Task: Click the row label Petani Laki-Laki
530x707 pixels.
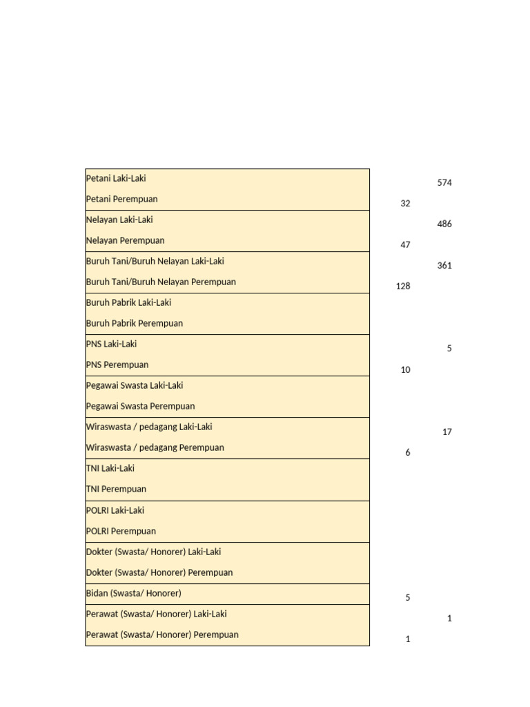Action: [116, 178]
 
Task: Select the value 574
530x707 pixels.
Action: [444, 183]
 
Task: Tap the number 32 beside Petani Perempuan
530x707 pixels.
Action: [405, 204]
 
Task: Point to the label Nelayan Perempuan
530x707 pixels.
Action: [125, 240]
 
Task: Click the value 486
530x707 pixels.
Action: [444, 224]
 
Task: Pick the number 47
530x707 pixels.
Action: [405, 245]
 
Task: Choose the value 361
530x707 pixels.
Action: [444, 266]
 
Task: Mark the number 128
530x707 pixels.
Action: [403, 287]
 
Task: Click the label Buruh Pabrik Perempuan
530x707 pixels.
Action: [135, 323]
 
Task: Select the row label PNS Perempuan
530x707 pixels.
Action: [117, 365]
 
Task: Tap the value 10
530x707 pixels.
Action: [405, 370]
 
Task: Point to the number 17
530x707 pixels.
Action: [447, 432]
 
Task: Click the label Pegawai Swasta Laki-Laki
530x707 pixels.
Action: [135, 385]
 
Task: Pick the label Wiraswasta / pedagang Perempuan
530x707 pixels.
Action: [155, 447]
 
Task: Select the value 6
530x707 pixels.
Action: [408, 453]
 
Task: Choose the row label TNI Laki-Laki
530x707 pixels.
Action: [110, 468]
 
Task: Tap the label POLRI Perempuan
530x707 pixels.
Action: [121, 531]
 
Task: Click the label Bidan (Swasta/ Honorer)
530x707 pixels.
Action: [134, 593]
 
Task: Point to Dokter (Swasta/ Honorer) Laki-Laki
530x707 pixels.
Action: [153, 552]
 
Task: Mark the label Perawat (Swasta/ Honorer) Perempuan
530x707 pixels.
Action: [162, 635]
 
